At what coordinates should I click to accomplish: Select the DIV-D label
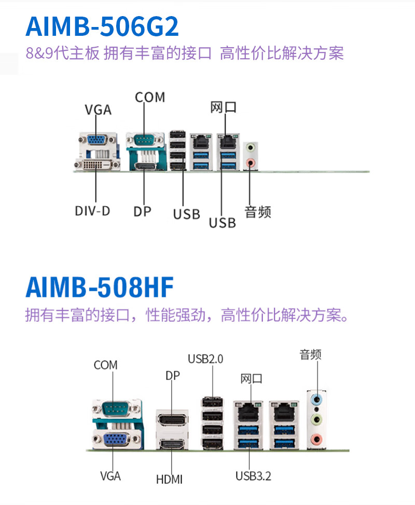click(92, 211)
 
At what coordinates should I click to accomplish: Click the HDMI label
click(169, 479)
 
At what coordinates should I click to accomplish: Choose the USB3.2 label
click(253, 476)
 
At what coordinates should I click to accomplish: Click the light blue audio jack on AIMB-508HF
click(315, 399)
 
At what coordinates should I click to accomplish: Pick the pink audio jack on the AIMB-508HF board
click(315, 441)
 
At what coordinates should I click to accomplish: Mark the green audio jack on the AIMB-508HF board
click(315, 419)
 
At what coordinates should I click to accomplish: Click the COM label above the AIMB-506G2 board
click(150, 97)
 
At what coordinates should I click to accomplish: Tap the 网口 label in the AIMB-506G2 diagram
click(224, 107)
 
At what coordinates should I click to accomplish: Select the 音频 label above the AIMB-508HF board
click(311, 354)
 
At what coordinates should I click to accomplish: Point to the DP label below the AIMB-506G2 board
click(142, 211)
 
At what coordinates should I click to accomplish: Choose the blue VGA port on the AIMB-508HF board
click(117, 440)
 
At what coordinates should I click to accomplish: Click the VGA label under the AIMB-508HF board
click(110, 476)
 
